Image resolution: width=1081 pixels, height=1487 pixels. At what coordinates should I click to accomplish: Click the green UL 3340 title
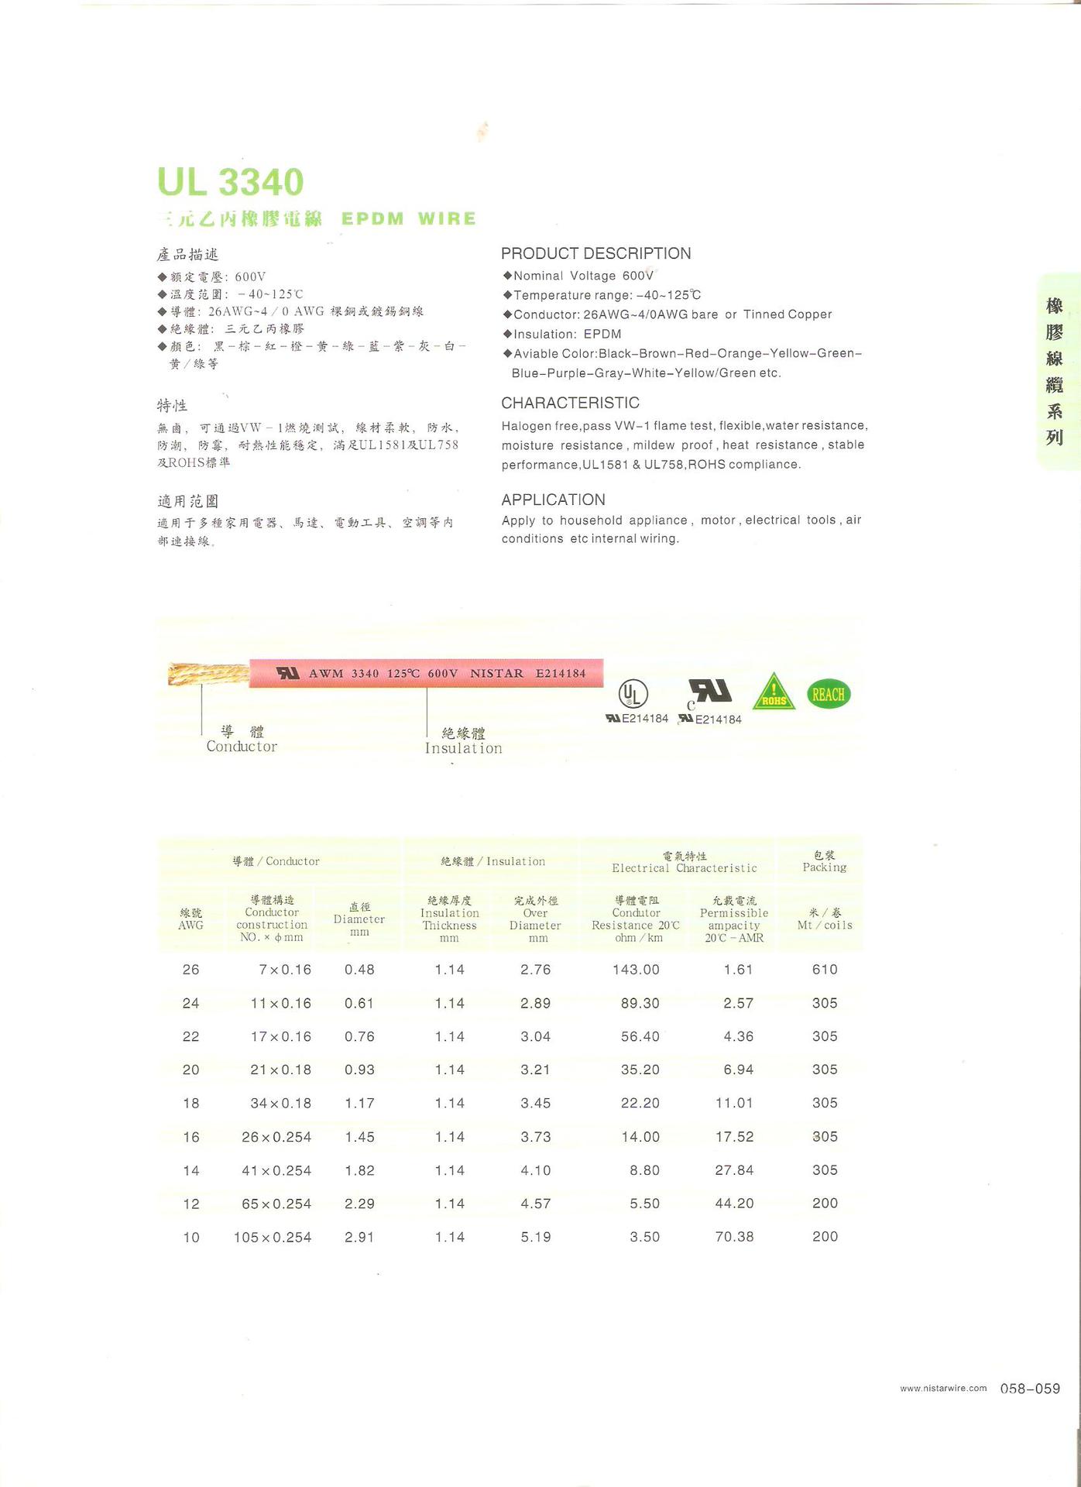coord(230,183)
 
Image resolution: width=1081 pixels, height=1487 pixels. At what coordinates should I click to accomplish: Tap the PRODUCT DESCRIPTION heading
coord(595,253)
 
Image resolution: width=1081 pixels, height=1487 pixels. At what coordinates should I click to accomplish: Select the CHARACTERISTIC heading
coord(570,403)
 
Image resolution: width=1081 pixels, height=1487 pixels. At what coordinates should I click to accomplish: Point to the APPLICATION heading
coord(553,500)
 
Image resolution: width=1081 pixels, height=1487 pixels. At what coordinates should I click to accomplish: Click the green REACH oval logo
coord(829,694)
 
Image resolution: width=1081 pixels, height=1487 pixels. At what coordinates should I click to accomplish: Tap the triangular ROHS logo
coord(774,692)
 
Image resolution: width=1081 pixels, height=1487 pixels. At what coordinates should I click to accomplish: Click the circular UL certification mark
coord(633,693)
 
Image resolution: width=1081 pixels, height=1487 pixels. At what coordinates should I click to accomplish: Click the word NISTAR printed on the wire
coord(496,673)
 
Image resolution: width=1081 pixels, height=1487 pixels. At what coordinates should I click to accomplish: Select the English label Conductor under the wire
coord(242,747)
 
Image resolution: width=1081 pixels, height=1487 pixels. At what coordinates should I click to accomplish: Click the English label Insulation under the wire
coord(463,748)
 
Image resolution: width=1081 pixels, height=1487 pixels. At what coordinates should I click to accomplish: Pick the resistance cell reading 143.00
coord(640,970)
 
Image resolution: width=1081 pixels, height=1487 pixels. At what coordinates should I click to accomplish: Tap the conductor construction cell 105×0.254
coord(273,1237)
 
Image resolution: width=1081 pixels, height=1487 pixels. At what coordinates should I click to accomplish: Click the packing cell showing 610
coord(825,970)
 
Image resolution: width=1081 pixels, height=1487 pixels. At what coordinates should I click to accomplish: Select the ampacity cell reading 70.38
coord(734,1237)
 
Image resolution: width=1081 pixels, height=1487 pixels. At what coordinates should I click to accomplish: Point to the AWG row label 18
coord(190,1103)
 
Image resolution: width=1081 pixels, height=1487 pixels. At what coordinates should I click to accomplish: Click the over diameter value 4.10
coord(536,1170)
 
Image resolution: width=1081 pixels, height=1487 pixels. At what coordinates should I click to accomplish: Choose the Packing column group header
coord(824,861)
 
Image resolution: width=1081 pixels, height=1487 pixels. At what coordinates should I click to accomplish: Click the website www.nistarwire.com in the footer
coord(943,1388)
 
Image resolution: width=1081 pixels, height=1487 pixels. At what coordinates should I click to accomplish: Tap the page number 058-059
coord(1030,1389)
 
